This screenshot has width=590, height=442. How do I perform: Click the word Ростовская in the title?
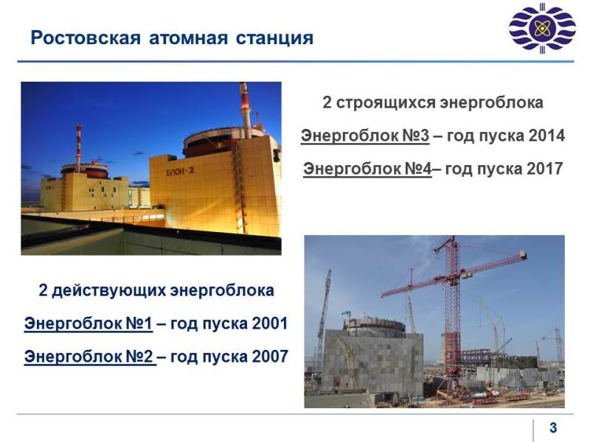[x=86, y=38]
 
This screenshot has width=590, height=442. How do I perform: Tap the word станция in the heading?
[x=274, y=38]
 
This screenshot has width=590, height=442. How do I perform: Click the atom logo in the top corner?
[x=542, y=28]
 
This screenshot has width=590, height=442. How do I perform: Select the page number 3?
[x=552, y=427]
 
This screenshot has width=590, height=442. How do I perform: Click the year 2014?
[x=546, y=136]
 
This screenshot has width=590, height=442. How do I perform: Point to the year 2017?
[x=544, y=169]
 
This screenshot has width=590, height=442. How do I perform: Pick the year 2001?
[x=270, y=323]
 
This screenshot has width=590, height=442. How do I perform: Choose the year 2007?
[x=270, y=357]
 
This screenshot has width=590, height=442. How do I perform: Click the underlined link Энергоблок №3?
[x=365, y=136]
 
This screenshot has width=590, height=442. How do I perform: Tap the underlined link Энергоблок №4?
[x=367, y=169]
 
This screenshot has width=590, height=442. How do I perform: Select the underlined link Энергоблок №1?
[x=88, y=323]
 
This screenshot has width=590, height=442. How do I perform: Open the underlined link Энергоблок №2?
[x=89, y=357]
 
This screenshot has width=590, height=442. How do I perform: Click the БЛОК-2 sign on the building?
[x=180, y=171]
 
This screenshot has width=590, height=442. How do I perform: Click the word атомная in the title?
[x=188, y=38]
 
